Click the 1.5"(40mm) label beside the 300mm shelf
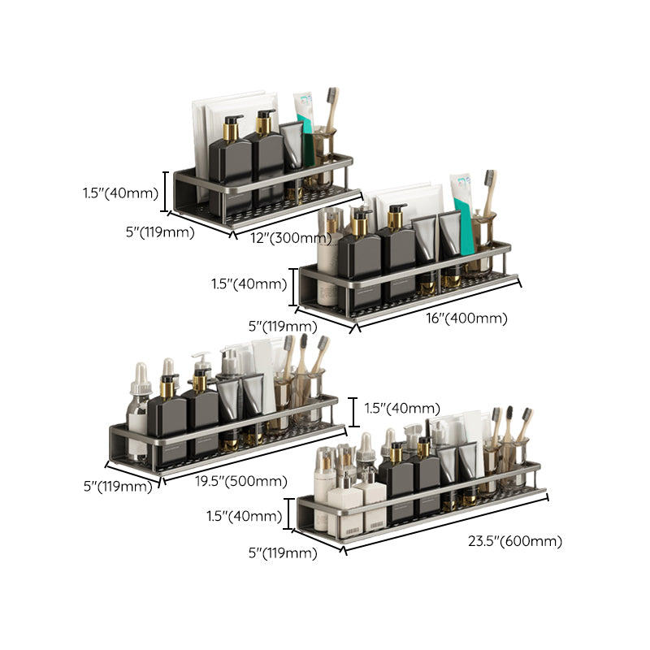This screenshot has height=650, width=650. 120,193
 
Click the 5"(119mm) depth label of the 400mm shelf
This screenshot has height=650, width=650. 282,327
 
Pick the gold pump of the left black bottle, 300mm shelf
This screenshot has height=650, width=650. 232,128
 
